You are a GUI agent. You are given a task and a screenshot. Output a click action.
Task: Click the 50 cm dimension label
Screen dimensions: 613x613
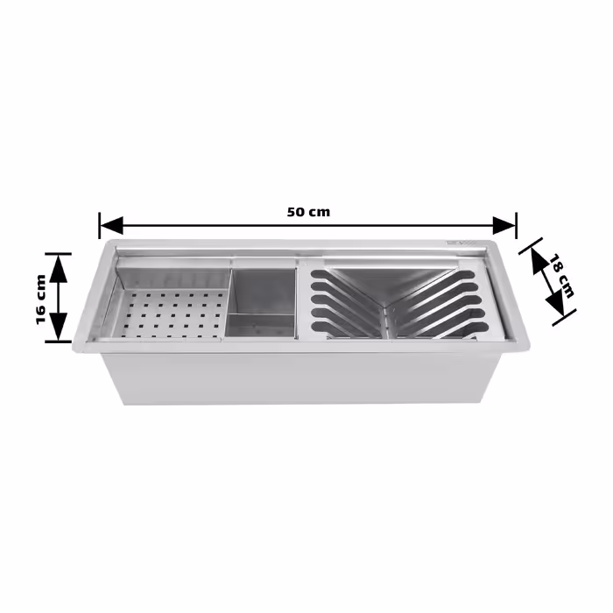[308, 212]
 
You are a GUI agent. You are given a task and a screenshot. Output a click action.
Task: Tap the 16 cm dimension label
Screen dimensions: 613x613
[41, 299]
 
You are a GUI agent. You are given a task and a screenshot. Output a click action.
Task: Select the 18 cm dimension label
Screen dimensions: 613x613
[562, 276]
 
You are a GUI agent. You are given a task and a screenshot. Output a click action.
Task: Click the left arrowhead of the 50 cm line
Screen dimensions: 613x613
[112, 226]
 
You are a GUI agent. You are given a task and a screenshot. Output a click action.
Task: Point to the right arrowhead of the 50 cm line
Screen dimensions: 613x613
[504, 226]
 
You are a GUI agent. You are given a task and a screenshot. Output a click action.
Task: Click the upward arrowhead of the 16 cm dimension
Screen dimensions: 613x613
[59, 269]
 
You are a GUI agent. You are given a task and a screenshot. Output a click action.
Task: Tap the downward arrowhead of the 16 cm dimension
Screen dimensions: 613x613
[59, 327]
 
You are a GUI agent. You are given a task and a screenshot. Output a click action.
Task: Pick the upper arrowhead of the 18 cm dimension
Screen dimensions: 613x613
[539, 261]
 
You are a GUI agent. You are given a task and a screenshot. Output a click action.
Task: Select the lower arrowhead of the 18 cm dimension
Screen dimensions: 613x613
[555, 304]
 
